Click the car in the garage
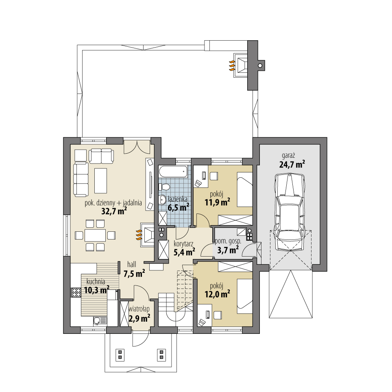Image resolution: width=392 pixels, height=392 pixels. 289,211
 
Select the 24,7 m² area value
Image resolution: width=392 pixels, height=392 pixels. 292,164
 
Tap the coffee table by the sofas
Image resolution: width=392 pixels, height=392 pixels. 100,181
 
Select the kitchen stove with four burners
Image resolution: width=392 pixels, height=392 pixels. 76,292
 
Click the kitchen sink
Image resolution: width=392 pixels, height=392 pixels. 98,321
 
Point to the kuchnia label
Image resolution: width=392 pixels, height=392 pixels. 96,281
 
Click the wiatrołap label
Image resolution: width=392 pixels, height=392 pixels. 139,309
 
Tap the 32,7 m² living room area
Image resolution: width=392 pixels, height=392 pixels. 114,211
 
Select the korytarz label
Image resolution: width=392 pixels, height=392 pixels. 183,244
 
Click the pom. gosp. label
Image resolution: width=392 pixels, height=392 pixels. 228,241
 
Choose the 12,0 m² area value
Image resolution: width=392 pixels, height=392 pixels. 218,294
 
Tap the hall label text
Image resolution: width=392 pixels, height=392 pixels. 131,264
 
